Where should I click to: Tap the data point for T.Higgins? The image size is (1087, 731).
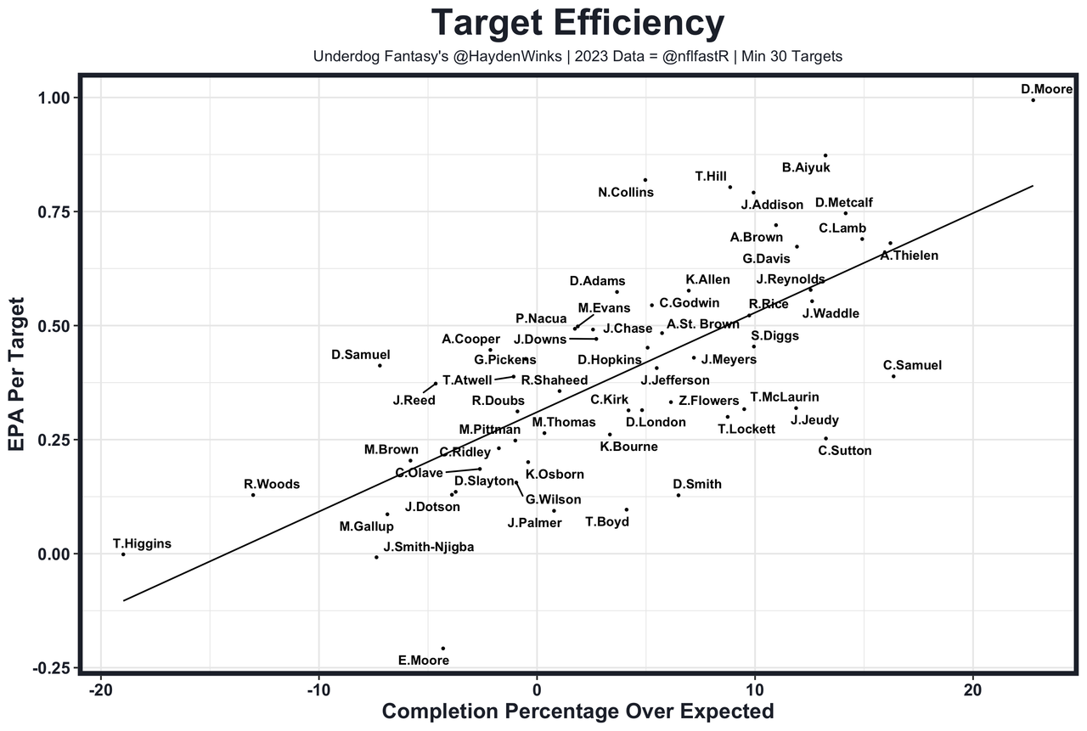[123, 554]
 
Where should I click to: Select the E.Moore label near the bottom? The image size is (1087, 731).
[423, 660]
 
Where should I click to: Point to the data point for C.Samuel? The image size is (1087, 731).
[893, 376]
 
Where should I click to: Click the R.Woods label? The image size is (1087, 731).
[272, 485]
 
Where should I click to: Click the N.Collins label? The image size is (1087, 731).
[626, 193]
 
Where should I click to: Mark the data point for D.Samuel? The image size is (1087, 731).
[380, 365]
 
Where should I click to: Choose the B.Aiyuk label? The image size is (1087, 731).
[806, 168]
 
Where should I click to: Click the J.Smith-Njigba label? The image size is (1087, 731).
[428, 547]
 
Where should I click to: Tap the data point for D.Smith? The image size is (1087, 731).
[678, 495]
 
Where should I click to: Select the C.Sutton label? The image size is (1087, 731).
[844, 451]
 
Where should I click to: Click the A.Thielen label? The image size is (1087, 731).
[909, 256]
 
